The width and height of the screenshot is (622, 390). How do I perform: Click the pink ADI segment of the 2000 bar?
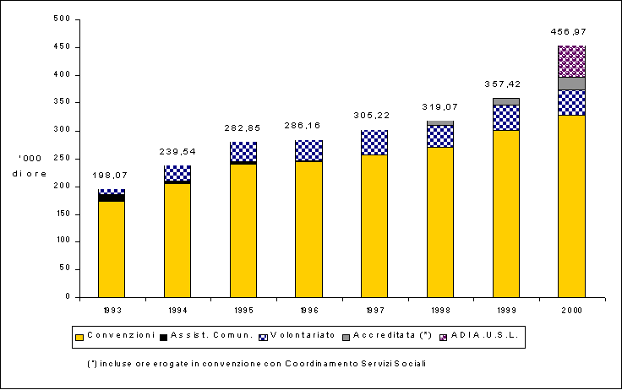tap(571, 61)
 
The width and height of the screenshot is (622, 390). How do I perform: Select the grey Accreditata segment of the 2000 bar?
tap(571, 84)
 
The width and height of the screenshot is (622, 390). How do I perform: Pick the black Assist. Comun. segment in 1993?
tap(112, 198)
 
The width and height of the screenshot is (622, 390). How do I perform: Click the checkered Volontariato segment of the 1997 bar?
tap(374, 143)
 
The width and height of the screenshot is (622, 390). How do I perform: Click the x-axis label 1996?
tap(308, 308)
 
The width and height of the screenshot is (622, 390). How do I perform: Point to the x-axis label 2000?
tap(571, 308)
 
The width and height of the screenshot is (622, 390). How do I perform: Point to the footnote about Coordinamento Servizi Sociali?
tap(256, 363)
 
